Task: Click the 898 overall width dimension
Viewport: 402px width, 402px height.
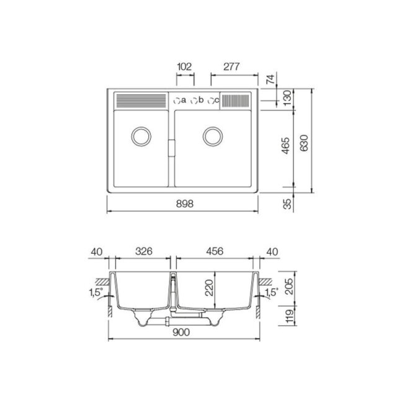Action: [x=185, y=204]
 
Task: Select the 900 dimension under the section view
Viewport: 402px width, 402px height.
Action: [x=181, y=333]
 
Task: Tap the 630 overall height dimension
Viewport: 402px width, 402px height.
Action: [x=304, y=143]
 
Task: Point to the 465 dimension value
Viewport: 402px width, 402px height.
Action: [x=285, y=145]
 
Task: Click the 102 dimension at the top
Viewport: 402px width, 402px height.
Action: [x=184, y=66]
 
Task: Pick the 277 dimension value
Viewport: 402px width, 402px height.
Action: [x=231, y=66]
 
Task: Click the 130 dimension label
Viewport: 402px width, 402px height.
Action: [x=287, y=97]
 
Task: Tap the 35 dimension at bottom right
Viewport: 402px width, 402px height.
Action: [x=288, y=204]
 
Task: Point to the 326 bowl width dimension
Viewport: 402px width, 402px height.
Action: [x=144, y=251]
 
